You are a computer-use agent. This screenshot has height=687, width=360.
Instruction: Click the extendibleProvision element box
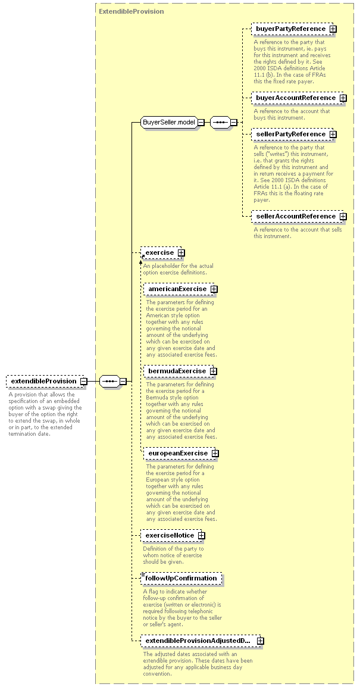(45, 381)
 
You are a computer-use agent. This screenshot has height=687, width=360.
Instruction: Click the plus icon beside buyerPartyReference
(333, 29)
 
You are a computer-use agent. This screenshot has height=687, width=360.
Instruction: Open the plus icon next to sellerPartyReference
(333, 134)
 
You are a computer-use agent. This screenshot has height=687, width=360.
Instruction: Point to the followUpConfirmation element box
(181, 578)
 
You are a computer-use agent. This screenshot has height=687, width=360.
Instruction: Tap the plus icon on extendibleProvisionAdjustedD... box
(260, 641)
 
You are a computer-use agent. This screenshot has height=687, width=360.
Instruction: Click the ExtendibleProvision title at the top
(132, 11)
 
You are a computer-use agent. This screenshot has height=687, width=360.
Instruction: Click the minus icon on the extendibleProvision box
(83, 381)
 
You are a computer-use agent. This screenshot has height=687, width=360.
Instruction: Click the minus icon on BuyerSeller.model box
(201, 122)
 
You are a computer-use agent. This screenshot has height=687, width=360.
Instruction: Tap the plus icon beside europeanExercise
(215, 453)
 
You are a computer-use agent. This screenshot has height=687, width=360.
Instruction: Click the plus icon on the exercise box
(181, 253)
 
